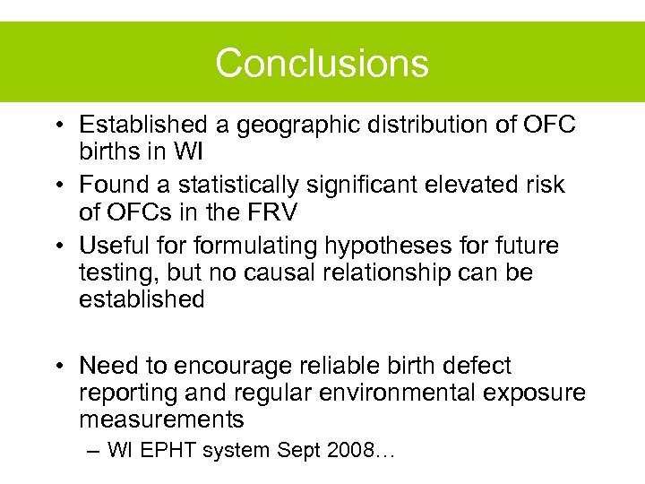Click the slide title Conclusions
coord(322,64)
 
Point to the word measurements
coord(161,419)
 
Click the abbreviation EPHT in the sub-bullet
coord(167,451)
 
